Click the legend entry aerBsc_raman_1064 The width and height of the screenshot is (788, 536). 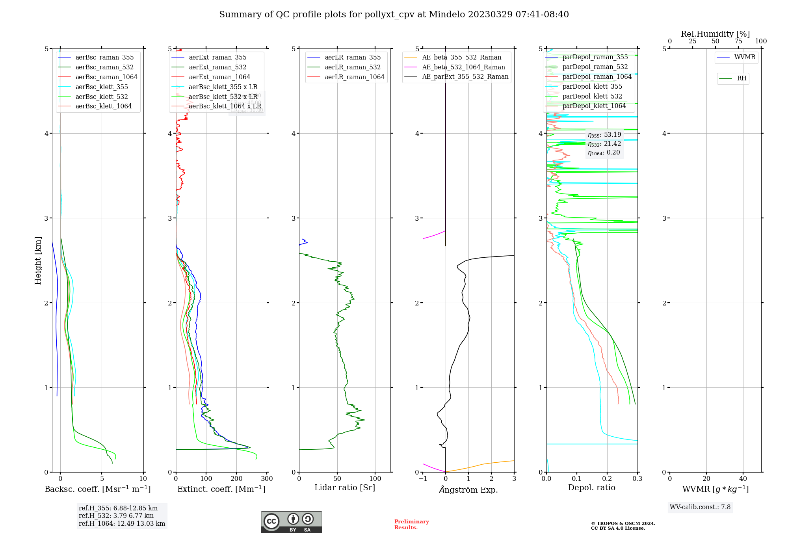click(x=106, y=77)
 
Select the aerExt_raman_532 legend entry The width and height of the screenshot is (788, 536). click(x=217, y=67)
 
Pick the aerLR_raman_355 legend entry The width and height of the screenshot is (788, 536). click(x=353, y=58)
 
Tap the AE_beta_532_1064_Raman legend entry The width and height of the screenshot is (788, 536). click(x=463, y=67)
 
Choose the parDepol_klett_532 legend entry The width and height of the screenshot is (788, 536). click(x=592, y=96)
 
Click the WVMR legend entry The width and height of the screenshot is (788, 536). click(x=745, y=57)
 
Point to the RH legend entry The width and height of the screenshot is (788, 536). click(x=742, y=78)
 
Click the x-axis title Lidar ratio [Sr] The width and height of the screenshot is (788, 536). click(x=345, y=488)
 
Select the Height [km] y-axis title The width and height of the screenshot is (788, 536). click(x=38, y=261)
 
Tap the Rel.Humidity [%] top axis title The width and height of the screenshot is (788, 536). click(x=715, y=34)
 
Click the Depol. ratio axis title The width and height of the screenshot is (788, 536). click(x=591, y=488)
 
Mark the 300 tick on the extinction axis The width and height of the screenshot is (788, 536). click(x=267, y=479)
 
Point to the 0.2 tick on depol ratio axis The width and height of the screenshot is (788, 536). click(x=607, y=479)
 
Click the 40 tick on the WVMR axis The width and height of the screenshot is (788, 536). click(x=743, y=479)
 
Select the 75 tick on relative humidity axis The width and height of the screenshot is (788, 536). click(x=738, y=41)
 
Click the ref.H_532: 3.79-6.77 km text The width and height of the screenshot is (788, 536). click(x=116, y=516)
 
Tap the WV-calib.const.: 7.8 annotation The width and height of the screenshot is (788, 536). click(x=700, y=507)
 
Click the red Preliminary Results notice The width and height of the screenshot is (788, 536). click(x=411, y=525)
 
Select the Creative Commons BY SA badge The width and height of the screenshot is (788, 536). click(x=291, y=522)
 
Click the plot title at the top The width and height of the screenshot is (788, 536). click(x=394, y=15)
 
